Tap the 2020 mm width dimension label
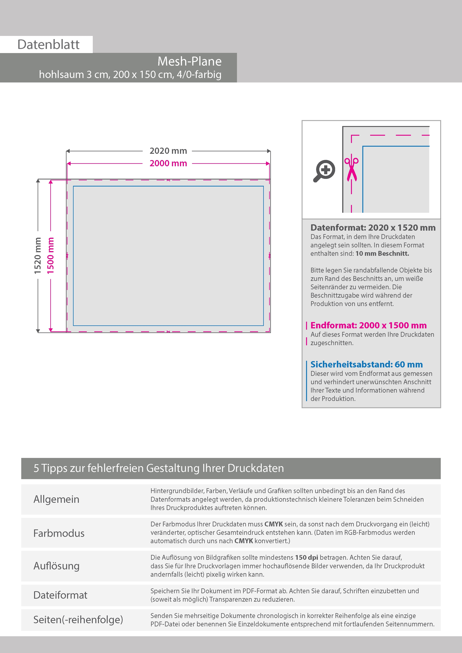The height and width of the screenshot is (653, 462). click(168, 151)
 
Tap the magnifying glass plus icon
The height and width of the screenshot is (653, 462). click(325, 171)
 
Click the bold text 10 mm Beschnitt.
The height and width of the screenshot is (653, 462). click(382, 253)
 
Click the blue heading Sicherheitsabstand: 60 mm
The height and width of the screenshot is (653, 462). click(366, 364)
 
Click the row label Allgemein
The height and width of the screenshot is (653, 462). click(56, 499)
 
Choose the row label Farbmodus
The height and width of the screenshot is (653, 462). click(59, 533)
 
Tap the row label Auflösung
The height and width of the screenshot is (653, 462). click(56, 566)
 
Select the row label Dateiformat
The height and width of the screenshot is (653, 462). click(60, 595)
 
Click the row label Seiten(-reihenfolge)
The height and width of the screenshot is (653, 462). click(78, 619)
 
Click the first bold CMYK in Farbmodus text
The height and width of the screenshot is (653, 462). click(273, 524)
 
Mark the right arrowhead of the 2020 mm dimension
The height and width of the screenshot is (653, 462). click(268, 151)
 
